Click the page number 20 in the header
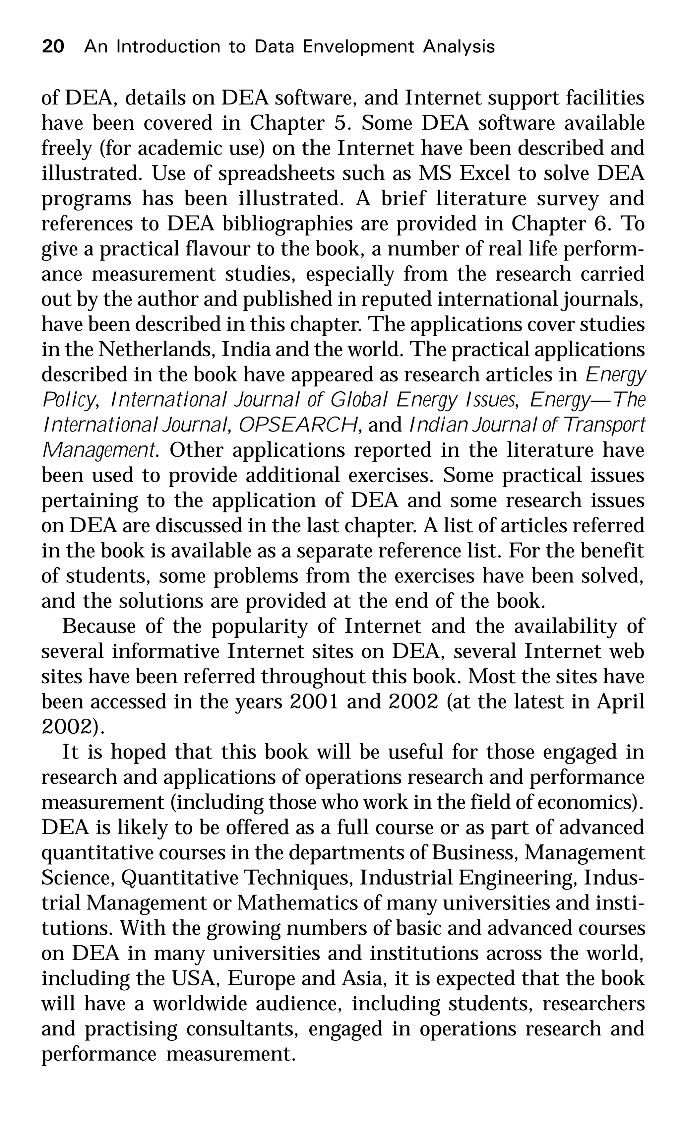click(53, 47)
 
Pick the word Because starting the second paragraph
click(99, 626)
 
